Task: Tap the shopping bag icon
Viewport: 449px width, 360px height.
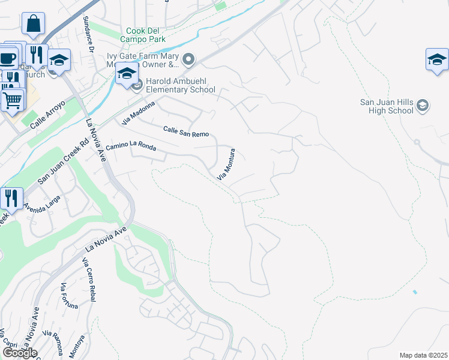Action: pos(34,24)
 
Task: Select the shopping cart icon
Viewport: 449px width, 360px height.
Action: pos(12,99)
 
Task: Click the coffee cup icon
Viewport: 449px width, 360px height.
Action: pos(8,58)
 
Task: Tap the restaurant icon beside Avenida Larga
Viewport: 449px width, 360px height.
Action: pos(11,197)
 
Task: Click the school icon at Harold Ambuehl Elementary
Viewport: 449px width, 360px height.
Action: pos(127,74)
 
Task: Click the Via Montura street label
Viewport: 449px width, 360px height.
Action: pos(226,166)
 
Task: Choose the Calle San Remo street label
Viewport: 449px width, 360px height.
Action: pos(185,131)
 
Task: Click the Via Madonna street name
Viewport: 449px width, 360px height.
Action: pos(138,112)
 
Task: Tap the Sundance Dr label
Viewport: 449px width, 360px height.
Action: pos(90,34)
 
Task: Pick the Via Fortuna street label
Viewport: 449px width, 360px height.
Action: pos(69,296)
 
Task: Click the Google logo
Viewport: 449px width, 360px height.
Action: pos(20,353)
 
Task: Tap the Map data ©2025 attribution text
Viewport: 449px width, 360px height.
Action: pos(423,355)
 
